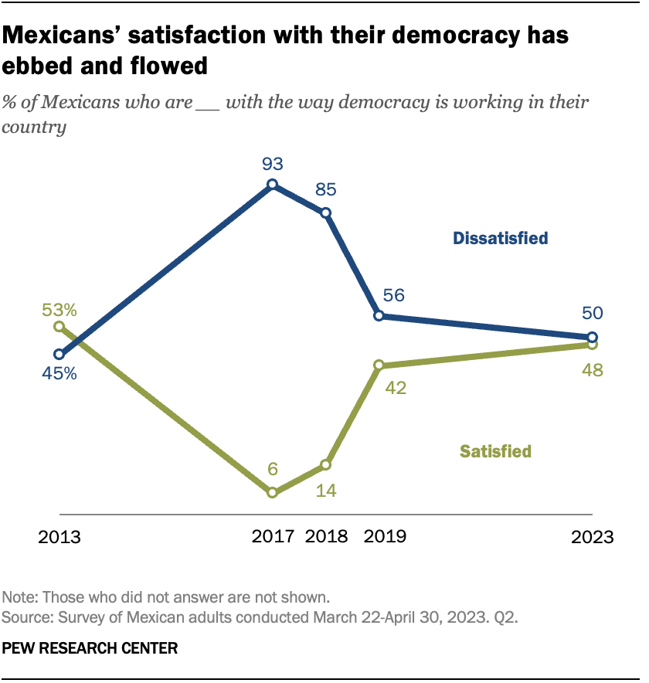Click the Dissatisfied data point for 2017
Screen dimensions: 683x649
pos(272,185)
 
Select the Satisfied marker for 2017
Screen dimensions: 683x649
pos(272,492)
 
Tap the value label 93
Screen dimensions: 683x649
pos(272,164)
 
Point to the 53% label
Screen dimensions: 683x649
pos(59,310)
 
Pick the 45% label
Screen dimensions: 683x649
pos(59,373)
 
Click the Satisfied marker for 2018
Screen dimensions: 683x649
pos(325,464)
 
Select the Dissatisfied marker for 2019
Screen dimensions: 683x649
pos(379,315)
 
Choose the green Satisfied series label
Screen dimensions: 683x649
pos(495,451)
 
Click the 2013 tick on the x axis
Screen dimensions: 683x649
pos(59,536)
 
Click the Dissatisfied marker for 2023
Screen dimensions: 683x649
pos(592,337)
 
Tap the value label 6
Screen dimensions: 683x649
pos(272,470)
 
